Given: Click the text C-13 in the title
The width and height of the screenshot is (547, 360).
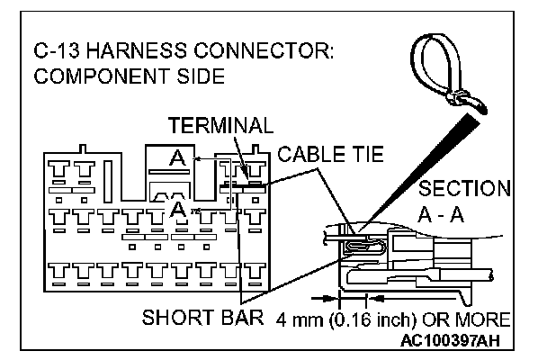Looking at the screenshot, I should pyautogui.click(x=58, y=52).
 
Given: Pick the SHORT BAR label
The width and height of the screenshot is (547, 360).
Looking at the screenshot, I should pyautogui.click(x=203, y=319).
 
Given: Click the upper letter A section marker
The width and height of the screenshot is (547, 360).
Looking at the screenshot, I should pyautogui.click(x=177, y=157).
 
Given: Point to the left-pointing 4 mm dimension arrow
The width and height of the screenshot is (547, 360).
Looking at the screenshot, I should pyautogui.click(x=376, y=293).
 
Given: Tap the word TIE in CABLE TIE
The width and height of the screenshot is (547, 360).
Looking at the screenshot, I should pyautogui.click(x=364, y=154).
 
